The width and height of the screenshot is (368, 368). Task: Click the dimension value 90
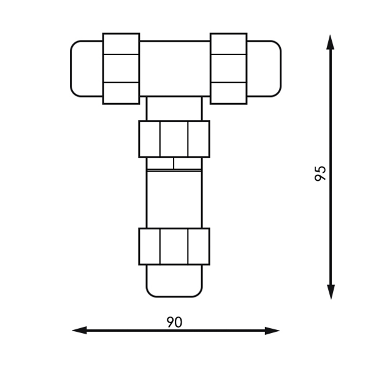tap(174, 322)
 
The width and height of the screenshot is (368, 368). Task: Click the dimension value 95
tap(320, 174)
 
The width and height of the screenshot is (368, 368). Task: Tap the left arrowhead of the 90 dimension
tap(79, 331)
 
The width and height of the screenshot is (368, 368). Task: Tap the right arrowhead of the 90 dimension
tap(272, 331)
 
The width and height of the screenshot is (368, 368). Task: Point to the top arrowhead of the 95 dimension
tap(331, 42)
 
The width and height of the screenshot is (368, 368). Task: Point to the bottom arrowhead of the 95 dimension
tap(331, 292)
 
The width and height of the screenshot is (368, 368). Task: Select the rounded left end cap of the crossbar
tap(86, 69)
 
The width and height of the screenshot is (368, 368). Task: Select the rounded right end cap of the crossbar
tap(264, 69)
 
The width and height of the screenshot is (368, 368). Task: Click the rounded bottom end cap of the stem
tap(174, 281)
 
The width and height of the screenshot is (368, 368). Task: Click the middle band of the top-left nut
tap(121, 68)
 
